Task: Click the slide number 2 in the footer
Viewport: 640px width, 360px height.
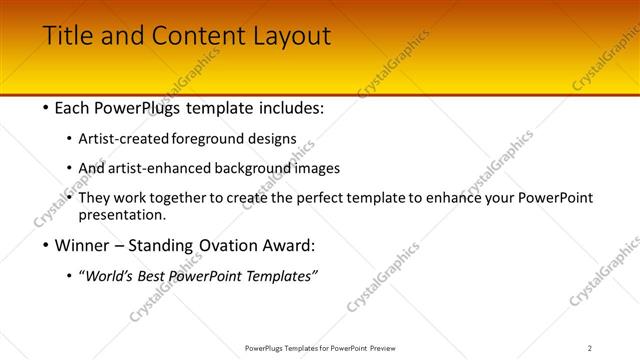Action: point(589,347)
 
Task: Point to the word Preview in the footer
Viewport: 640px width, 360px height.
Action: point(388,347)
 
